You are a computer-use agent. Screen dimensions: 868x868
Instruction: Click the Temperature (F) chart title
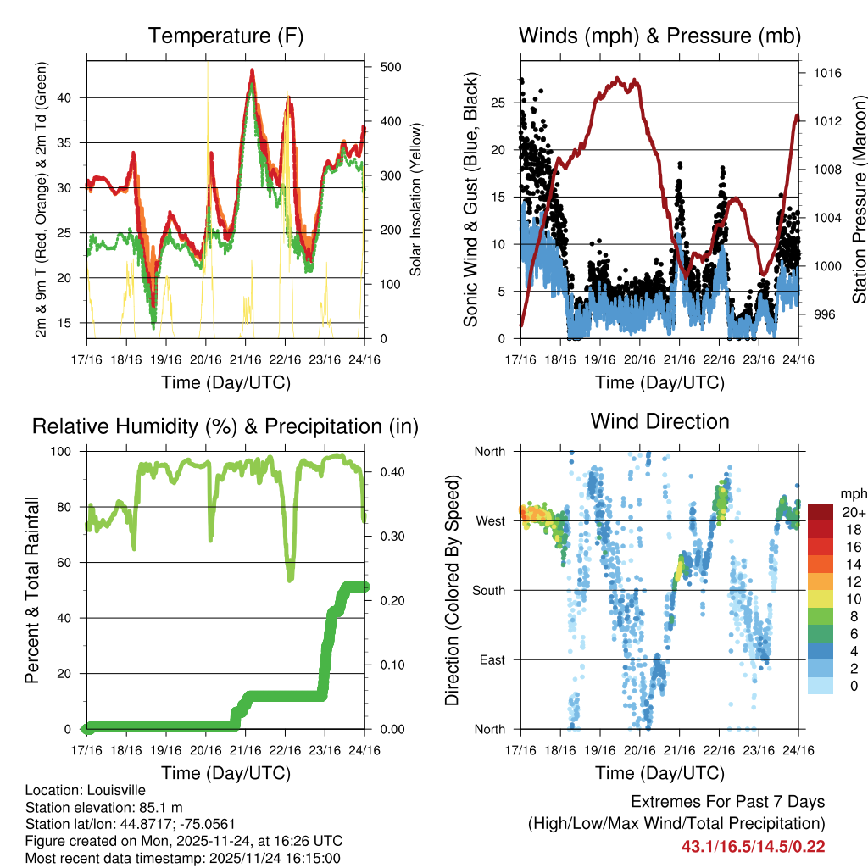coord(225,36)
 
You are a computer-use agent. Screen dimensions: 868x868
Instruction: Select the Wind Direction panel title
coord(659,420)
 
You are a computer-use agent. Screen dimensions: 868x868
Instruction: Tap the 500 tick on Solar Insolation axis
coord(390,67)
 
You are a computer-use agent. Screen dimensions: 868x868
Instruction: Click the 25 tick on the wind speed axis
coord(498,103)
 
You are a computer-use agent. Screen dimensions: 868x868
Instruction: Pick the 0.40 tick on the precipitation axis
coord(390,472)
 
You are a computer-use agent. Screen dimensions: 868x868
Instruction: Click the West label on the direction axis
coord(489,520)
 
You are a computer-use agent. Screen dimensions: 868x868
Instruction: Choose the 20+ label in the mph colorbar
coord(854,512)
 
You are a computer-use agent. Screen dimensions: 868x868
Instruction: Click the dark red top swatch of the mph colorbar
coord(821,512)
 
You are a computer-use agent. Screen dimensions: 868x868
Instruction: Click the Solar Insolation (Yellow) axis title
coord(416,200)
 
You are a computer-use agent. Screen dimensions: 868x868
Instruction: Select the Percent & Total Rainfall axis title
coord(33,591)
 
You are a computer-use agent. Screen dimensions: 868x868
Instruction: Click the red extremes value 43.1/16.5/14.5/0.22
coord(753,846)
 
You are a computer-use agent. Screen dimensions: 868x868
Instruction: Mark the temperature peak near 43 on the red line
coord(252,71)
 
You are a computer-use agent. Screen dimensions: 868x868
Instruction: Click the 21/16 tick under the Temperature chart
coord(245,359)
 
